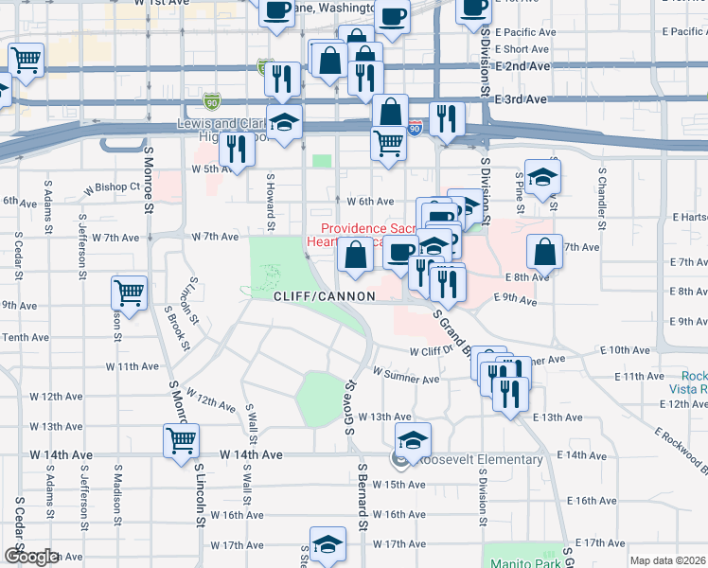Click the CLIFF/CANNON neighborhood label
[324, 296]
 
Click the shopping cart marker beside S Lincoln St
[130, 292]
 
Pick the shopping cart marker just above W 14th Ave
[182, 438]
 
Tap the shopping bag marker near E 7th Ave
[544, 252]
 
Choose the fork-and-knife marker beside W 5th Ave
[237, 148]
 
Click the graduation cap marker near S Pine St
[542, 177]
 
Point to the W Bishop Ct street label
[112, 187]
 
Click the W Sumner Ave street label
[406, 380]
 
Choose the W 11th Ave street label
[132, 365]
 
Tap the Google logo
[31, 557]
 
